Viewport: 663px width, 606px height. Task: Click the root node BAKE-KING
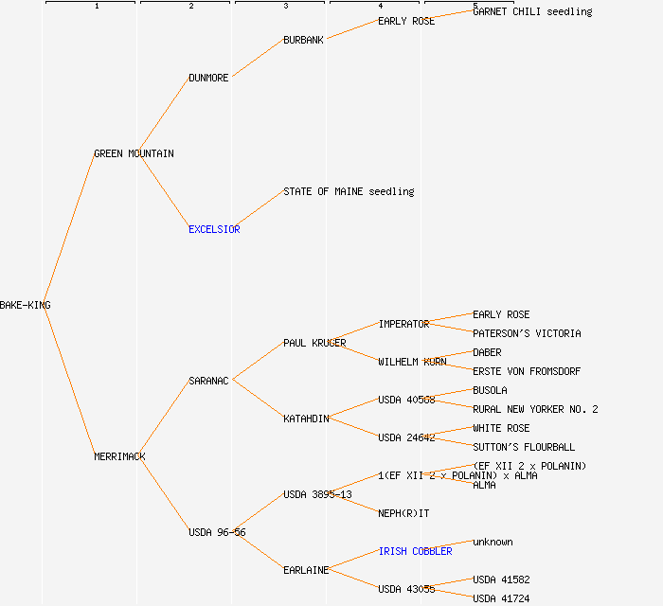[26, 305]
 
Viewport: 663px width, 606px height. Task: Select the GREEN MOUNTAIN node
[134, 153]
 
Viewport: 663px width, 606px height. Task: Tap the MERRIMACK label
[119, 456]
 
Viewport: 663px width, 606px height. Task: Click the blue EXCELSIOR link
[214, 229]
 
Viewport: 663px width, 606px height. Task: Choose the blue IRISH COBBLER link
[415, 551]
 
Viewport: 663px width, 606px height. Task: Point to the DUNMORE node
[208, 78]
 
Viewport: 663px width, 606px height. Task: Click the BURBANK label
[303, 40]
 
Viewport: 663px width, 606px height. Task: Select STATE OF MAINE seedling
[349, 191]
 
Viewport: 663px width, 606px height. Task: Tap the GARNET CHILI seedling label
[532, 11]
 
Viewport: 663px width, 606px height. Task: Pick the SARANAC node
[208, 381]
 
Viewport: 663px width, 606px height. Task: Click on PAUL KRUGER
[314, 343]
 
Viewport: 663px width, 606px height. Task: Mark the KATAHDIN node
[306, 419]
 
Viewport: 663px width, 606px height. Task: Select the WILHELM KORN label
[412, 362]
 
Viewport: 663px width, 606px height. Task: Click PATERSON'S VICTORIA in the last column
[527, 333]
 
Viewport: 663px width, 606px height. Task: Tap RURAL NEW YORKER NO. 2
[535, 409]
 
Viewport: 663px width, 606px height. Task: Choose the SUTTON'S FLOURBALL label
[524, 447]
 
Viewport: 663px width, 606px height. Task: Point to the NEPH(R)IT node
[403, 513]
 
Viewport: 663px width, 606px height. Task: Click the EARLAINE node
[306, 570]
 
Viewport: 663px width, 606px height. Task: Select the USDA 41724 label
[501, 598]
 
